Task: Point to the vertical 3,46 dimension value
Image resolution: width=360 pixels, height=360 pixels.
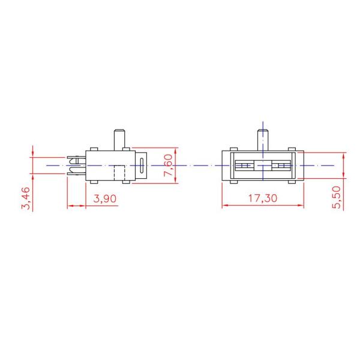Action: [25, 198]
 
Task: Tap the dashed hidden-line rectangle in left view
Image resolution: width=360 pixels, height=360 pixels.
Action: [119, 173]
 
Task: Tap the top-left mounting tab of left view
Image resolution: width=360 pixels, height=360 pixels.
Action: [93, 148]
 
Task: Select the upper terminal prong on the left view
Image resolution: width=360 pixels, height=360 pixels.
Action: [75, 160]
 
